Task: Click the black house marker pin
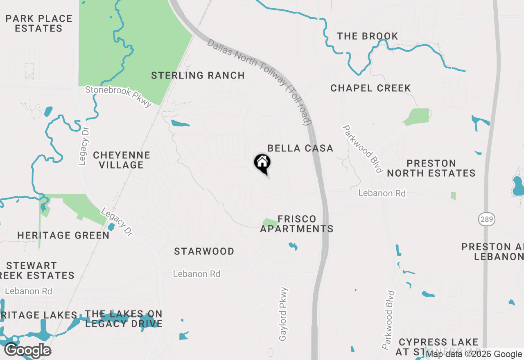point(262,163)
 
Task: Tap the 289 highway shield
point(487,219)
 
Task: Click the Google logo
point(27,351)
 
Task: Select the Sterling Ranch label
point(198,76)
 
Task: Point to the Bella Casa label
point(300,148)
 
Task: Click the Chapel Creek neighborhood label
point(370,88)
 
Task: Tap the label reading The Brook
point(368,36)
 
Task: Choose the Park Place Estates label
point(39,23)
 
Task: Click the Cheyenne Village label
point(122,160)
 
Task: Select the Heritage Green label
point(63,235)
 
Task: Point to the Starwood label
point(204,251)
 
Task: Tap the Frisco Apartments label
point(297,224)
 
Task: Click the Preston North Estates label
point(431,168)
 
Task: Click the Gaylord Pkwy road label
point(283,314)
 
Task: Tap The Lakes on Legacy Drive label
point(124,319)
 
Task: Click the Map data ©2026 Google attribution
point(474,354)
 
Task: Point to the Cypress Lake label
point(438,342)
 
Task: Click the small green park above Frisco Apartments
point(269,223)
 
